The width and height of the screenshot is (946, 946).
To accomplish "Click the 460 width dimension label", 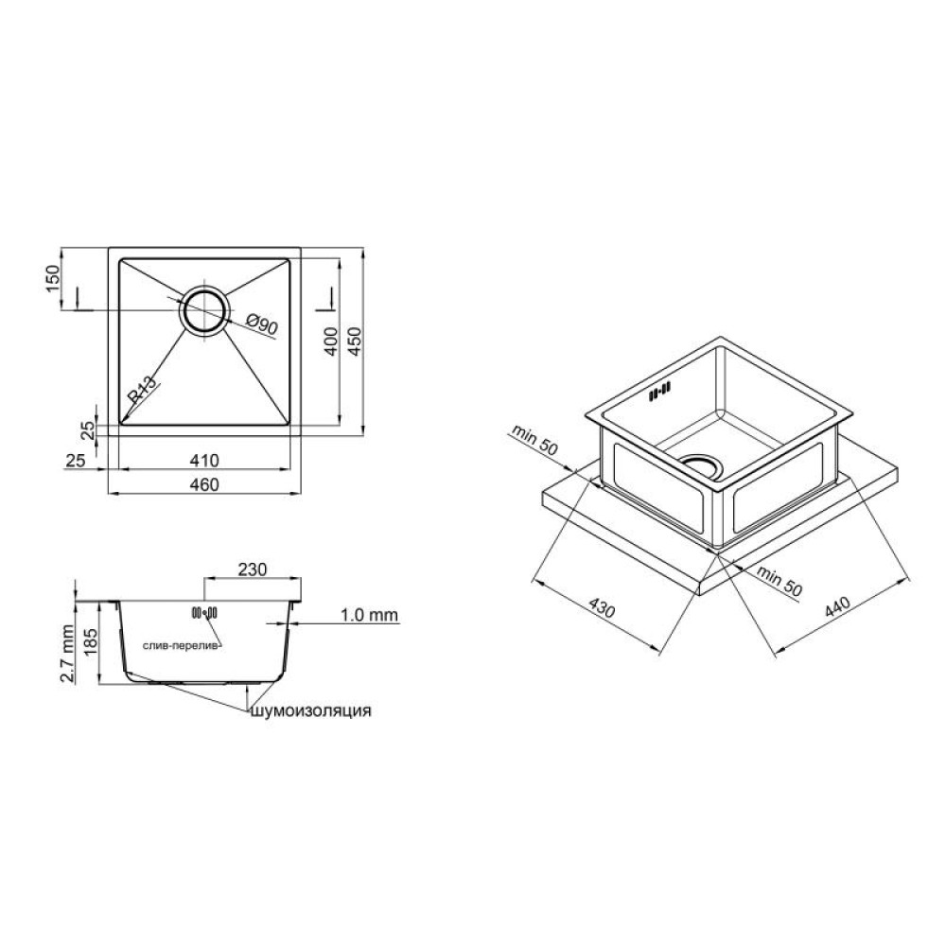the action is pyautogui.click(x=204, y=484).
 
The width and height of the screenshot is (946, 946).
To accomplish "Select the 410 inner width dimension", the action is pyautogui.click(x=204, y=461).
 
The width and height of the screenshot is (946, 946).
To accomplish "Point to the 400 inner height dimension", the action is pyautogui.click(x=331, y=341).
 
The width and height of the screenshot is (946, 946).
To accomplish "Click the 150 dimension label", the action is pyautogui.click(x=54, y=279).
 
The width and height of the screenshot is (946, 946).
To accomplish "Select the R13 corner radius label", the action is pyautogui.click(x=142, y=390).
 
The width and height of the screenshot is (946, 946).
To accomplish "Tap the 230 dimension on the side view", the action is pyautogui.click(x=253, y=569).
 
